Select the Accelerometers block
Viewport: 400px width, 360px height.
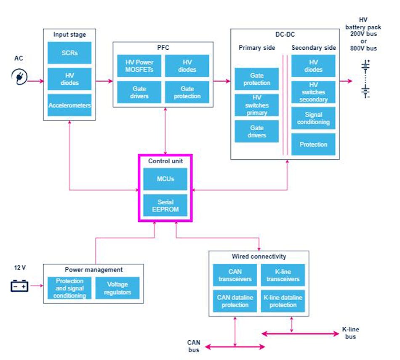69,105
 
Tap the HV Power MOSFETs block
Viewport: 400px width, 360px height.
139,66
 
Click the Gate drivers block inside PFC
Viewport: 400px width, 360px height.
139,92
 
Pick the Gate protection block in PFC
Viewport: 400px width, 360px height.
187,92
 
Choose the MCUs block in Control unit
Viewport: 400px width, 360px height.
165,179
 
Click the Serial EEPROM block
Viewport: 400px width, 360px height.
165,205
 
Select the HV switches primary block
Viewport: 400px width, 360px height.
257,105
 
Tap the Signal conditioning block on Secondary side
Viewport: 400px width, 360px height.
313,118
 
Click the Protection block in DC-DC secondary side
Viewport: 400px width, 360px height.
313,144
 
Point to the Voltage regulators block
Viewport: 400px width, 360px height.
117,288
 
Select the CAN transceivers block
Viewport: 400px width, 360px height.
235,275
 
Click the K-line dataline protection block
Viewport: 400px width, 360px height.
283,301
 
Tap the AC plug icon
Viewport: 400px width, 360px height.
19,77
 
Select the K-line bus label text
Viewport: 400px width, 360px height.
350,333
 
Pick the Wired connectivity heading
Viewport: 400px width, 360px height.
259,256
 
